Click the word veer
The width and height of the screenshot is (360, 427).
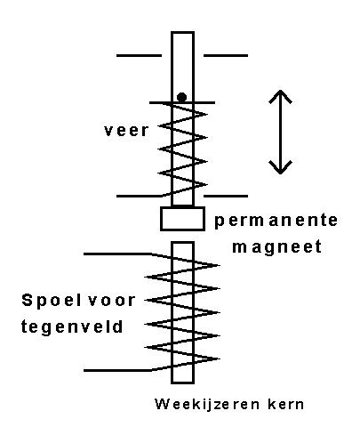[x=126, y=131]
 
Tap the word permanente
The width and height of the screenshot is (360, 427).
[x=276, y=221]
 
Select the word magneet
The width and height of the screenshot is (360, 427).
[x=277, y=247]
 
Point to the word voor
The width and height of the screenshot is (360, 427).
[x=112, y=301]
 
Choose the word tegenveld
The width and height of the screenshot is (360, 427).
[x=72, y=327]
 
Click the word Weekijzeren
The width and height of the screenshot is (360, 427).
[x=207, y=404]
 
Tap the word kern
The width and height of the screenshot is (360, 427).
[x=285, y=404]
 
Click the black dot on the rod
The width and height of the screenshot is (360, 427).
[x=181, y=97]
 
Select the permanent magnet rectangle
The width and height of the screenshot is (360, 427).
[x=182, y=219]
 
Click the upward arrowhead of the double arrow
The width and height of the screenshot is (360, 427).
[x=280, y=96]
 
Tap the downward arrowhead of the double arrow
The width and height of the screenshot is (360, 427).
[x=280, y=167]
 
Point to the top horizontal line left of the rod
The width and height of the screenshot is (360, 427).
[x=139, y=55]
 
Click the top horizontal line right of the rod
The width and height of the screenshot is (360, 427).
[x=226, y=55]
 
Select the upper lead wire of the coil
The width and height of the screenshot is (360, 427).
[x=117, y=254]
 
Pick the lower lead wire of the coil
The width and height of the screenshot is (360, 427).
[x=117, y=370]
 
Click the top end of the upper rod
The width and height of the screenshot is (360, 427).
[x=182, y=32]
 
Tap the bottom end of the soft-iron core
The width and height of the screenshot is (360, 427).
[x=182, y=383]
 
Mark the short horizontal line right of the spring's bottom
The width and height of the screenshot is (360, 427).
[x=226, y=196]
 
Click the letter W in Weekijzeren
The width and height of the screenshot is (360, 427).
[x=161, y=404]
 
